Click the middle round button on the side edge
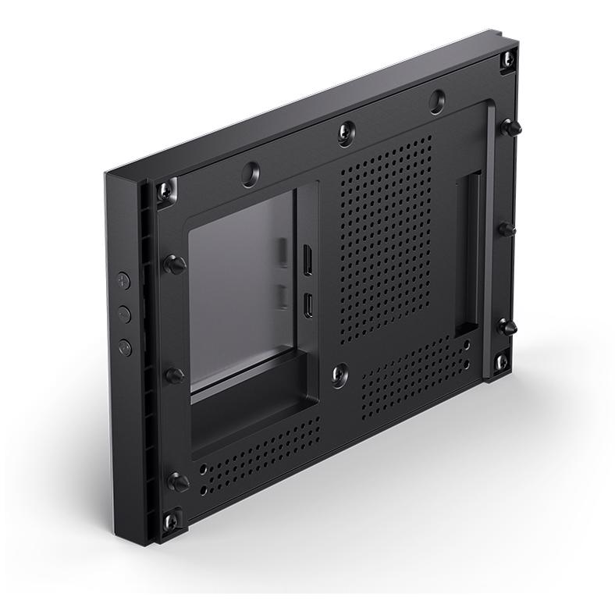point(123,314)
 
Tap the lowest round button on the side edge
point(125,347)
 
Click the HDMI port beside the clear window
point(307,261)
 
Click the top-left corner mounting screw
point(166,190)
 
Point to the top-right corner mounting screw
point(508,59)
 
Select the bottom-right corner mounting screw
point(501,361)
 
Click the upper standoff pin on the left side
point(173,264)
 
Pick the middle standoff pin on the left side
point(174,375)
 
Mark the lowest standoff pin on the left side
point(177,482)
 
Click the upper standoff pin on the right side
point(510,127)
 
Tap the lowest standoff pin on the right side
point(507,327)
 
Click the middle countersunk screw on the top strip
point(347,133)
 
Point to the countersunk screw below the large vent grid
point(339,375)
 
